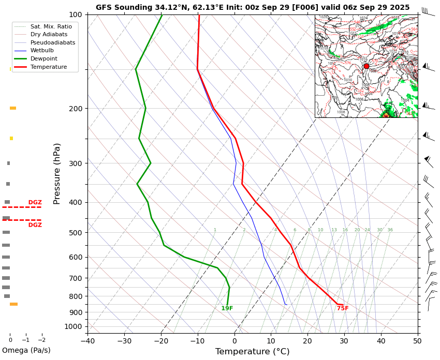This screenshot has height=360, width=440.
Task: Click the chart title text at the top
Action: pos(253,7)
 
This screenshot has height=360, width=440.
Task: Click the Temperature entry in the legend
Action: pos(49,67)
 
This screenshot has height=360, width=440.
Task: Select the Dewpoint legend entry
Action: pos(44,59)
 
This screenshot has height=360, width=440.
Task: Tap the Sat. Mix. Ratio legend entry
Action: pos(51,26)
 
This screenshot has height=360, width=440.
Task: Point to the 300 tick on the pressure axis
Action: pos(76,163)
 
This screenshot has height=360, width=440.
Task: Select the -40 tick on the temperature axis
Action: pos(87,340)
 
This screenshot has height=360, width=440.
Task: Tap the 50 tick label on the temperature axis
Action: pos(417,340)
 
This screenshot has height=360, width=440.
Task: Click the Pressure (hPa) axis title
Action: pos(57,173)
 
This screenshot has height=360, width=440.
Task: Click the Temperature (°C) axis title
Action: pos(253,352)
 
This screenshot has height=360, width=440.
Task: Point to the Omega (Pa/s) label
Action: pos(26,351)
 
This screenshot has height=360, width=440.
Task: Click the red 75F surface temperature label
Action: pos(343,309)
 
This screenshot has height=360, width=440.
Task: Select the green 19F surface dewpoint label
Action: pos(227,309)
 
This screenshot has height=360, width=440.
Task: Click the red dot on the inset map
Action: pos(366,66)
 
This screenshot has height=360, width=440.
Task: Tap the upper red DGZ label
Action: pos(35,203)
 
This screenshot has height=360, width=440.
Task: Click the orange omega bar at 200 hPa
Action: pos(13,108)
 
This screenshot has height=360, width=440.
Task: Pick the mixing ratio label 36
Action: pos(390,230)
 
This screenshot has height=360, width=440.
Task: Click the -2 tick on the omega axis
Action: pos(42,340)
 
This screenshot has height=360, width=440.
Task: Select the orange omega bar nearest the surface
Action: pos(13,304)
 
